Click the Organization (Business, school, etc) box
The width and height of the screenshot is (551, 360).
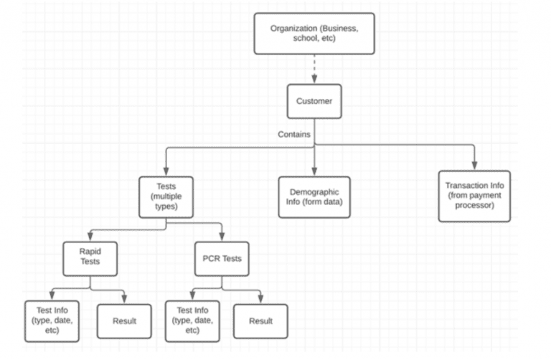pyautogui.click(x=314, y=34)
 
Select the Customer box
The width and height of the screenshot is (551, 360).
pyautogui.click(x=314, y=101)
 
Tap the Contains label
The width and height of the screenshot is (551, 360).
pyautogui.click(x=294, y=135)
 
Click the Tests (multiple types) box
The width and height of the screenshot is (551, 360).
pyautogui.click(x=166, y=197)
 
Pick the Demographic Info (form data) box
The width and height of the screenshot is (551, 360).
pyautogui.click(x=314, y=197)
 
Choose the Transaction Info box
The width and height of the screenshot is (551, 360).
pyautogui.click(x=474, y=196)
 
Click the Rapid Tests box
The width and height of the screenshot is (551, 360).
pyautogui.click(x=90, y=259)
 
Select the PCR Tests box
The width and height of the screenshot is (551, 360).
pyautogui.click(x=222, y=259)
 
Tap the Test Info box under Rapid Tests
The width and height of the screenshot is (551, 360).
pyautogui.click(x=52, y=321)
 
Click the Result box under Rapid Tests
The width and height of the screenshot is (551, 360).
pyautogui.click(x=124, y=321)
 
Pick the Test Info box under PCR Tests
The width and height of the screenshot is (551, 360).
pyautogui.click(x=192, y=321)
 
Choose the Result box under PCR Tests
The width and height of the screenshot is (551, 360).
pyautogui.click(x=260, y=321)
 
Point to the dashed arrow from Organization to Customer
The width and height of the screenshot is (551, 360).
pyautogui.click(x=314, y=69)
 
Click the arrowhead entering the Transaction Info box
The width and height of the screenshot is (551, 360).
pyautogui.click(x=474, y=166)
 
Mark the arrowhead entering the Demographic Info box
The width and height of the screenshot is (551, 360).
pyautogui.click(x=314, y=171)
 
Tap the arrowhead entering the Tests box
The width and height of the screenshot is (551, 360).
pyautogui.click(x=166, y=171)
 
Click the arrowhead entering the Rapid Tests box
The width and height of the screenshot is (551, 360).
pyautogui.click(x=90, y=237)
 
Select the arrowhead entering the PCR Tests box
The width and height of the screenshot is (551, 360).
pyautogui.click(x=222, y=237)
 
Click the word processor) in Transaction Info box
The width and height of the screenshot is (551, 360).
pyautogui.click(x=474, y=205)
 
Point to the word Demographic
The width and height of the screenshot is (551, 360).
pyautogui.click(x=314, y=192)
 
